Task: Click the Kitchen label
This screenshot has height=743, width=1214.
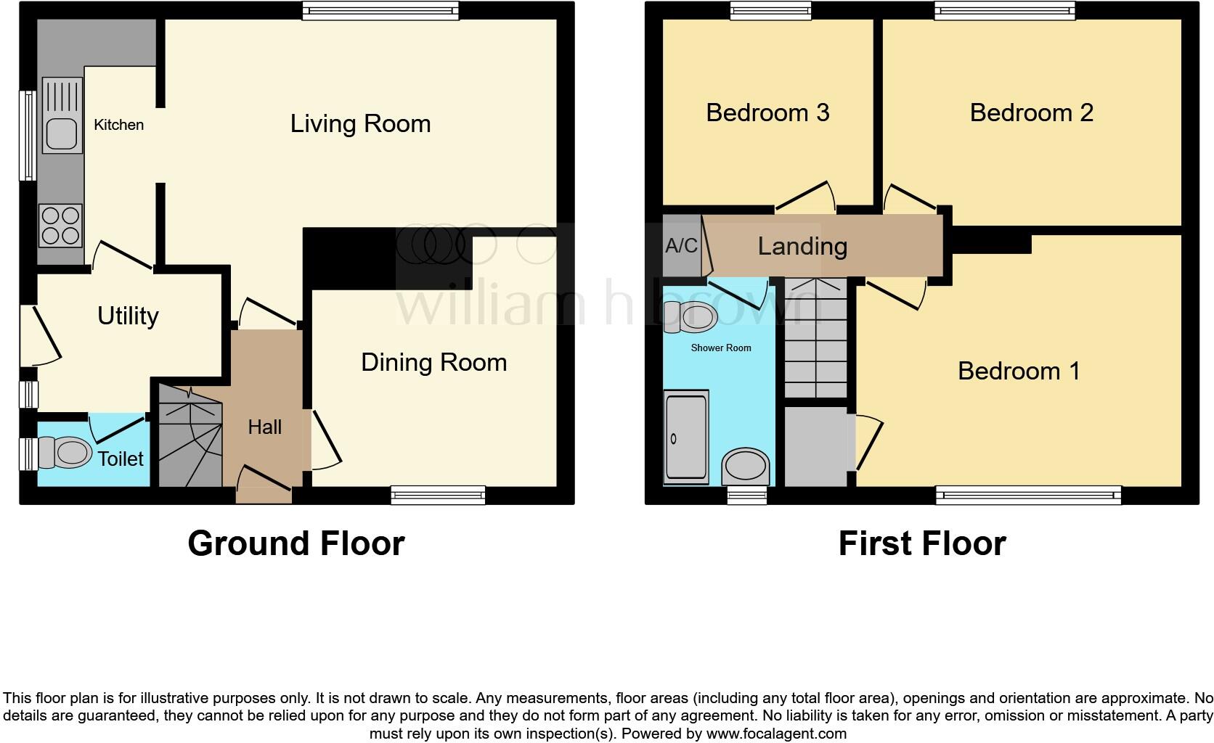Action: click(x=118, y=125)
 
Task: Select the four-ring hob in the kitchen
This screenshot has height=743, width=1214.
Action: click(x=61, y=226)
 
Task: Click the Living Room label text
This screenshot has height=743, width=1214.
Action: click(x=360, y=124)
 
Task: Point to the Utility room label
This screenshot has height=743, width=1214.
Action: click(x=128, y=316)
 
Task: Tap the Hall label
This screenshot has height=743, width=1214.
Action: click(x=264, y=427)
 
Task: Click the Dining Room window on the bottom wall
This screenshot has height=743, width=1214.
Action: click(x=438, y=495)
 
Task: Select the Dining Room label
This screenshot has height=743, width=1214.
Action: click(x=433, y=363)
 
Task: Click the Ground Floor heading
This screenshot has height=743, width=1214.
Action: click(x=296, y=543)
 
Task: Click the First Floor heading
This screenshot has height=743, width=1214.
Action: click(x=921, y=543)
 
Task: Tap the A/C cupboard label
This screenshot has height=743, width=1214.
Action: click(x=681, y=246)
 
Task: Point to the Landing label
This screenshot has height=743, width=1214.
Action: click(x=802, y=247)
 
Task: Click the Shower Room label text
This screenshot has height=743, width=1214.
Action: click(x=720, y=348)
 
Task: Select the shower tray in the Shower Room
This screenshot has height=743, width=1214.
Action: click(x=686, y=438)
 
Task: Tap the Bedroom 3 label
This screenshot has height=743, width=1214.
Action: click(x=767, y=113)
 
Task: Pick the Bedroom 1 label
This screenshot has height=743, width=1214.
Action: click(x=1018, y=371)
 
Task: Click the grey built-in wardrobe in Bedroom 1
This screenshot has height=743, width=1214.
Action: click(x=816, y=447)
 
